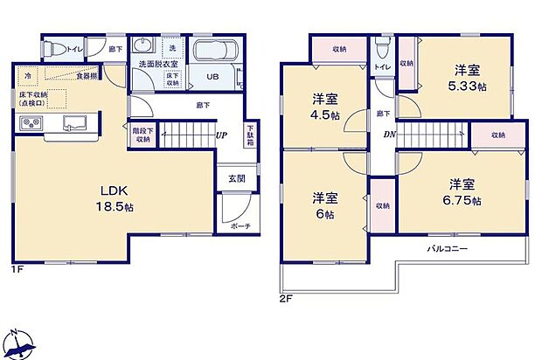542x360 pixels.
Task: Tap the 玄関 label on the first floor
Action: (x=236, y=180)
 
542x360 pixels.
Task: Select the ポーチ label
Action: (x=242, y=226)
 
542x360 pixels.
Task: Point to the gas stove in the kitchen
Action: (x=32, y=123)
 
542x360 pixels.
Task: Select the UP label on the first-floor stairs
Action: (x=224, y=135)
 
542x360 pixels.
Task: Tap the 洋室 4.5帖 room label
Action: (x=325, y=107)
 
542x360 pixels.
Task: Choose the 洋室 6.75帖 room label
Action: (x=462, y=191)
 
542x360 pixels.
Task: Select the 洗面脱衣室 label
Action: (x=154, y=64)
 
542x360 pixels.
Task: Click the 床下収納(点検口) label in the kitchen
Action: (x=33, y=98)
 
